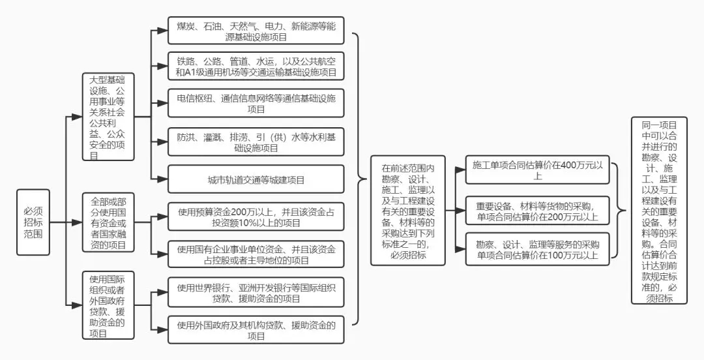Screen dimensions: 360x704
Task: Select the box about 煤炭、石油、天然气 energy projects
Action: coord(256,31)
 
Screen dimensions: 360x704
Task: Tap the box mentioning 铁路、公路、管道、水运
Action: coord(256,67)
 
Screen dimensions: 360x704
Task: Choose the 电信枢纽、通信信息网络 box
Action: coord(256,104)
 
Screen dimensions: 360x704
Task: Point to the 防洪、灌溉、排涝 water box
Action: coord(256,142)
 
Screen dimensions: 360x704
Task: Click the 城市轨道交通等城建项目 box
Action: coord(256,179)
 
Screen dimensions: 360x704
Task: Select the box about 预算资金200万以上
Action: coord(256,217)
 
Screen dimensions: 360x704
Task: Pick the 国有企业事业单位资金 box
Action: coord(256,254)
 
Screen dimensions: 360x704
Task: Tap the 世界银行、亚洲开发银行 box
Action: coord(256,292)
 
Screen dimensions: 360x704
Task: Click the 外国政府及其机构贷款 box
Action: coord(256,329)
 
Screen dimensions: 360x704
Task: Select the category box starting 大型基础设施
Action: coord(108,117)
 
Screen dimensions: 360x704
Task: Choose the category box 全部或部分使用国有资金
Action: coord(108,222)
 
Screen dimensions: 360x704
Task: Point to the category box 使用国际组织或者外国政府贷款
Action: coord(108,305)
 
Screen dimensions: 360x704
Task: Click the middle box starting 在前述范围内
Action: coord(407,212)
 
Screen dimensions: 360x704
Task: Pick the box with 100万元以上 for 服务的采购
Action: coord(538,249)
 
